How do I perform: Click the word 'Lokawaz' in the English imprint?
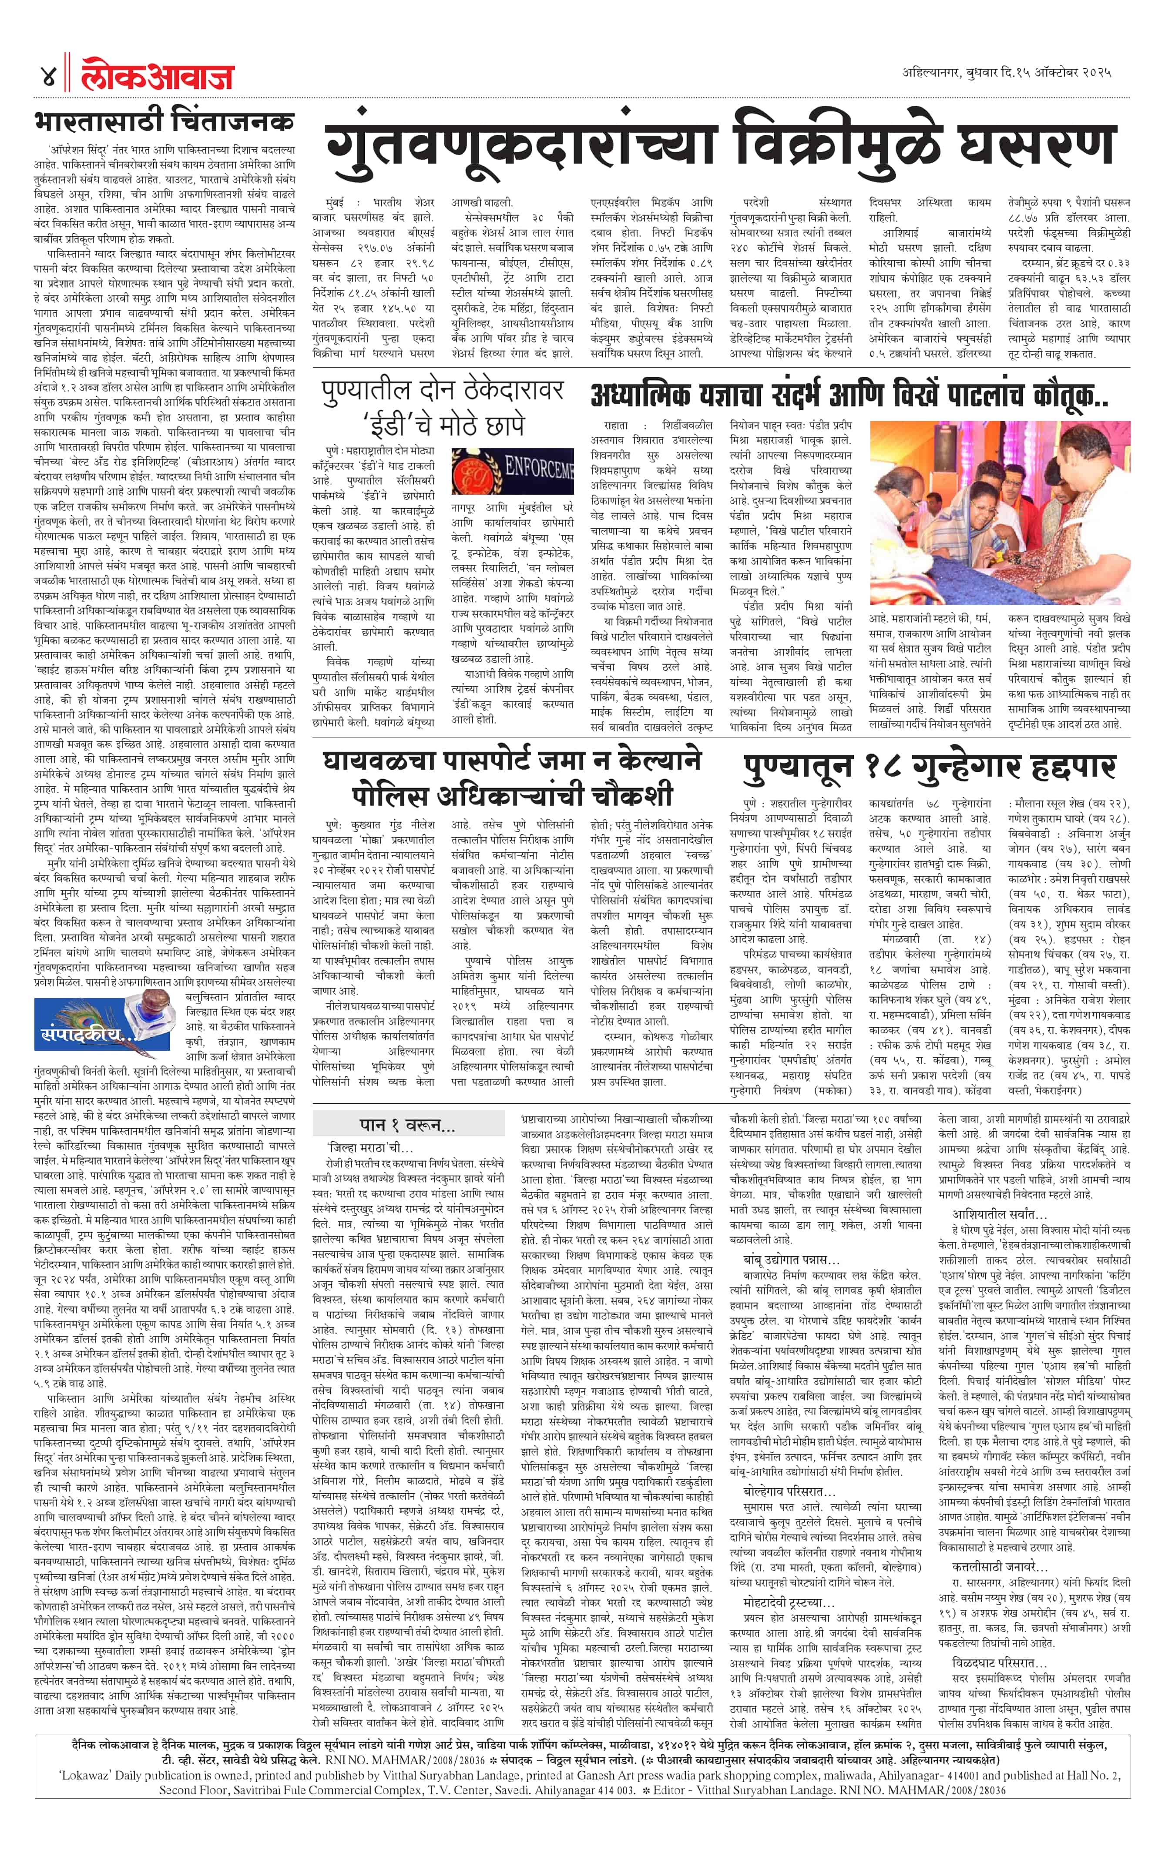[84, 1812]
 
